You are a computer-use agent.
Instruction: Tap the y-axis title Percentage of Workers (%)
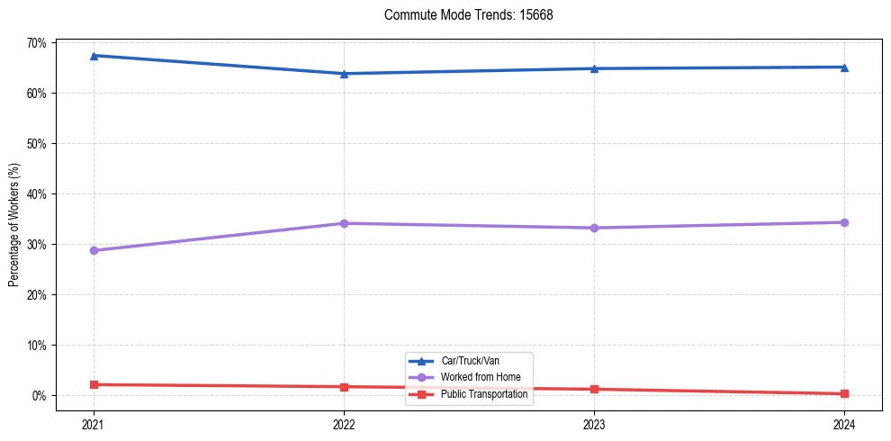click(13, 225)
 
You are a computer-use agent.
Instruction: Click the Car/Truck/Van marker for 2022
click(344, 74)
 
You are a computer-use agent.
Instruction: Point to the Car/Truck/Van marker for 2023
click(594, 68)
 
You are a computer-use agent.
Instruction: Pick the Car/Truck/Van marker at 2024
click(844, 67)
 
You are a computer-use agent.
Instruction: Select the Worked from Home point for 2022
click(344, 223)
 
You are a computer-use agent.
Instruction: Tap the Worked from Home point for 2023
click(594, 228)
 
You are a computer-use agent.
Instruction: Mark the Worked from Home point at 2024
click(844, 222)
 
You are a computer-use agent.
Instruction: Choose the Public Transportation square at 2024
click(844, 393)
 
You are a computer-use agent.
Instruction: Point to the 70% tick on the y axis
click(36, 42)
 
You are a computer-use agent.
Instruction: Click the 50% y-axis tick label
click(36, 143)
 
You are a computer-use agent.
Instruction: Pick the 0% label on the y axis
click(39, 395)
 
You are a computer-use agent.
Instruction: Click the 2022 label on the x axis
click(344, 424)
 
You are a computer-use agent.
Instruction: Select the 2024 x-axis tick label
click(844, 424)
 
